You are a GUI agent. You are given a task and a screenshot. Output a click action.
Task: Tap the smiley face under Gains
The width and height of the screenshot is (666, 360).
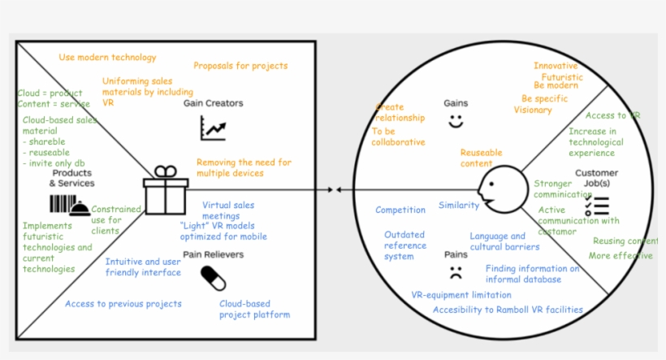pos(456,122)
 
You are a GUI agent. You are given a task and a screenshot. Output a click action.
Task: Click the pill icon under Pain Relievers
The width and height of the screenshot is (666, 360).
pos(213,279)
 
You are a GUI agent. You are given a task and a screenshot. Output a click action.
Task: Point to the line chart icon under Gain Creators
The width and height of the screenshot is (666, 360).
pos(213,128)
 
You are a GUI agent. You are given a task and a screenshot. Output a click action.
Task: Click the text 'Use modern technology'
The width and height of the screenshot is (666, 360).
pos(107,58)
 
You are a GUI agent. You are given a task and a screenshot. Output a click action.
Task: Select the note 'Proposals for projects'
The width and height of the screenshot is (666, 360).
pos(240,66)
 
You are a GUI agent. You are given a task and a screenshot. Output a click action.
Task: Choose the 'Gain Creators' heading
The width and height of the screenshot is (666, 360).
pos(213,104)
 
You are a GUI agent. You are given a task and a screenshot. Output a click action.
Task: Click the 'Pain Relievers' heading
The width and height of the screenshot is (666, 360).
pos(214,254)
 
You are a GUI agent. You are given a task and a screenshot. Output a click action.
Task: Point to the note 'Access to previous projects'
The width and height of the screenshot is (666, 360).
pos(123,304)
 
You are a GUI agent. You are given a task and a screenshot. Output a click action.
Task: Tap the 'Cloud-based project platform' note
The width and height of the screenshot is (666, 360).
pos(254,309)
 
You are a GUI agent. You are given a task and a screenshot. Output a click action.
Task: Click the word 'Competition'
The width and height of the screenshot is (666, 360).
pos(400,210)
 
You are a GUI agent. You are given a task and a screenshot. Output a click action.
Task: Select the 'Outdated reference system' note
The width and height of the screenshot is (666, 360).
pos(404,245)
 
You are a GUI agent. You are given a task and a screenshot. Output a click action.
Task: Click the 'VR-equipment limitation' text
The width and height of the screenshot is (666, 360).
pos(461,295)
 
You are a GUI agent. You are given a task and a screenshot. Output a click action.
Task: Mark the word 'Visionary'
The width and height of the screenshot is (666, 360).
pos(533,110)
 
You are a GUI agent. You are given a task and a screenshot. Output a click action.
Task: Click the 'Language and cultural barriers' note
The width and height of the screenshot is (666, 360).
pos(504,241)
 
